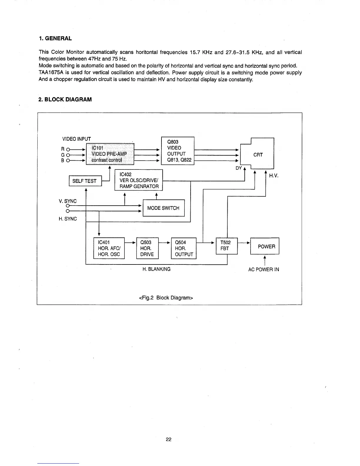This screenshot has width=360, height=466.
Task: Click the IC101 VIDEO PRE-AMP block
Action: coord(110,154)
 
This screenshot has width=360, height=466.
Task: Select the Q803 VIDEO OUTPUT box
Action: coord(178,151)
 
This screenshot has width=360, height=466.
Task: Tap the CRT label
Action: coord(258,155)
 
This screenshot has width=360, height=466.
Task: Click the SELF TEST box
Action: coord(85,181)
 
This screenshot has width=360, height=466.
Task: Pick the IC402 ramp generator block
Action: coord(139,180)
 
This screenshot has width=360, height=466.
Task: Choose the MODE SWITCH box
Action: coord(164,208)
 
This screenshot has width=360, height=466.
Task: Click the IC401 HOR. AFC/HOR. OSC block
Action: coord(109,248)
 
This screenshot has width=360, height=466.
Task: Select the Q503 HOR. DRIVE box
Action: coord(147,248)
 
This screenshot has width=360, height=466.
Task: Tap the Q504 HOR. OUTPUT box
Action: coord(184,248)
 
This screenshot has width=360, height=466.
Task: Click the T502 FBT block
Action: coord(226,246)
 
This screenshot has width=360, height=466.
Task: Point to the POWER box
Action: coord(265,246)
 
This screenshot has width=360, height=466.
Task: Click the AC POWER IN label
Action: coord(264,269)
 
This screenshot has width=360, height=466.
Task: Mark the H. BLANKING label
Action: coord(156,269)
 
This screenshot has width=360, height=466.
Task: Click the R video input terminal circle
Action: coord(68,149)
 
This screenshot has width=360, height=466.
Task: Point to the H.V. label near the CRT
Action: coord(274,176)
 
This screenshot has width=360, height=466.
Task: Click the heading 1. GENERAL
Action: coord(55,39)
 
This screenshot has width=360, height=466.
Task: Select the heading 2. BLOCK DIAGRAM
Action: coord(65,99)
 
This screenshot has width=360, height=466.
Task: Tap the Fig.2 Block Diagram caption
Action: coord(166,298)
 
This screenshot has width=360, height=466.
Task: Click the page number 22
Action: coord(169,440)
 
